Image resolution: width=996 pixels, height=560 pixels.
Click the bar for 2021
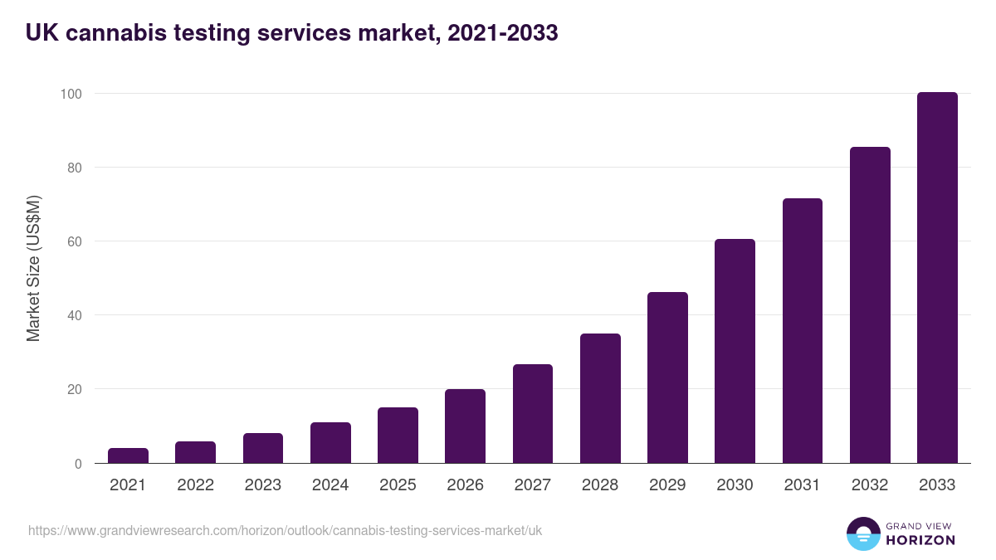point(128,455)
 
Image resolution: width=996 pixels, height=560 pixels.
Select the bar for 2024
point(330,443)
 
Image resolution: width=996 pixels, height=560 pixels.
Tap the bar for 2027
point(533,414)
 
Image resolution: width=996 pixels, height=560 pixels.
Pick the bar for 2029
point(667,377)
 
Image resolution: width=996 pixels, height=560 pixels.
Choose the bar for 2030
point(735,351)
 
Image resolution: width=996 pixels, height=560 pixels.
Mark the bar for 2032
point(870,305)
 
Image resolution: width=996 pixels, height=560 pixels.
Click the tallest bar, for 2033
point(937,278)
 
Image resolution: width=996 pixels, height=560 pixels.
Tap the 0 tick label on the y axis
point(78,464)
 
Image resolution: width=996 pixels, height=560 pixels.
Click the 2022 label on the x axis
point(195,485)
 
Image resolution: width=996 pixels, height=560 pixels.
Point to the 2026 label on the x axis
point(465,485)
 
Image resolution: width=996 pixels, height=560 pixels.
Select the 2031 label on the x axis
point(803,485)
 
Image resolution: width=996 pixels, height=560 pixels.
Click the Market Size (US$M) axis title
point(33,269)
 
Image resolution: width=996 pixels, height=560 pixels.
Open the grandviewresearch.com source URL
point(285,530)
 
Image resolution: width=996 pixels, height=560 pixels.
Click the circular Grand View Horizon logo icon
point(862,533)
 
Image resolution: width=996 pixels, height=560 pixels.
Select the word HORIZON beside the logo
point(920,540)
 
